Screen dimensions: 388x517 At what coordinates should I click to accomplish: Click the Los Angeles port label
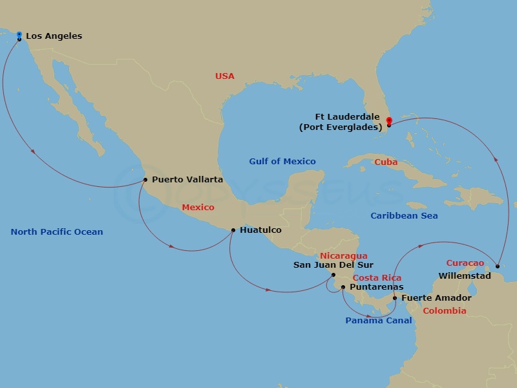54,36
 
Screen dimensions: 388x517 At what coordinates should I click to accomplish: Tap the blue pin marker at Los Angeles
19,35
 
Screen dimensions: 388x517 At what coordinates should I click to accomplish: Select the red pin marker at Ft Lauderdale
388,121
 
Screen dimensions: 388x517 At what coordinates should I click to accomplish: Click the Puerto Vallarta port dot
145,180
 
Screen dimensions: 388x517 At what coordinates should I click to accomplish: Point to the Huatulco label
260,230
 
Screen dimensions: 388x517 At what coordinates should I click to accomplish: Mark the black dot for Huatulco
233,230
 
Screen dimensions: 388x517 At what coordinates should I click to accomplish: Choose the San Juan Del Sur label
333,264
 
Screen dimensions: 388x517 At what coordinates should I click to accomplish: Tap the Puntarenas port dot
343,286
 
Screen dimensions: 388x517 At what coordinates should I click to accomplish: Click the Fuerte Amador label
436,298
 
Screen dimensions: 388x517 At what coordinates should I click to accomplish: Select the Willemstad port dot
497,266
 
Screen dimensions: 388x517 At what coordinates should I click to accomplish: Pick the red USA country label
225,76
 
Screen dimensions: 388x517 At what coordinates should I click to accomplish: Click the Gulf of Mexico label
282,162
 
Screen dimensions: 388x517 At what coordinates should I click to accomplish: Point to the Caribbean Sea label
404,216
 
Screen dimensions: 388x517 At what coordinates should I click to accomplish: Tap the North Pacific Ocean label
57,232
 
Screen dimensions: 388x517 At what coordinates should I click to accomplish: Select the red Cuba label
386,162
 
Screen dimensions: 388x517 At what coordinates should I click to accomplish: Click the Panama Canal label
378,321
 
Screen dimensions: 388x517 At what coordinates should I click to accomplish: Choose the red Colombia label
444,311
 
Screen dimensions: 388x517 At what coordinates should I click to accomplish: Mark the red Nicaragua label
343,256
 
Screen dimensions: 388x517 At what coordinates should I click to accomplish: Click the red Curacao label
465,263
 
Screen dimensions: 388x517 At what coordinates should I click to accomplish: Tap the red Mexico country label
198,208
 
